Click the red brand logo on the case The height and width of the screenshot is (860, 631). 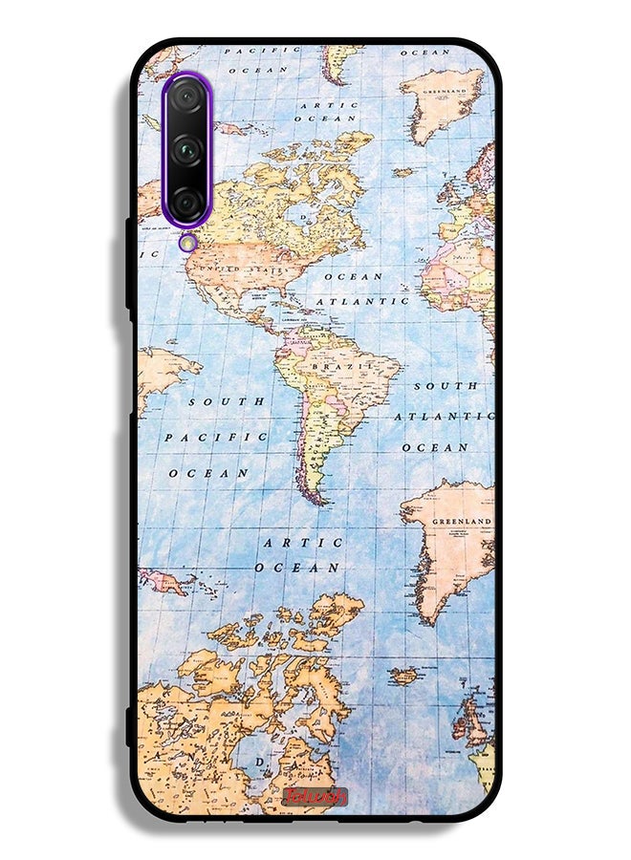point(315,797)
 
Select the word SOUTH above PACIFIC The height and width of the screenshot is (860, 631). point(226,402)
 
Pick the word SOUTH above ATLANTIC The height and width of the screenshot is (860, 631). point(446,386)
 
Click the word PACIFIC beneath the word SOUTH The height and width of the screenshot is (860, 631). point(216,437)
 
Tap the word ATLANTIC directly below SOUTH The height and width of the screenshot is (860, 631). point(444,417)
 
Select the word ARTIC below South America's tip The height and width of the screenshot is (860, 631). point(303,543)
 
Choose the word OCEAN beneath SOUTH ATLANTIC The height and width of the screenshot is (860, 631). point(435,447)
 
